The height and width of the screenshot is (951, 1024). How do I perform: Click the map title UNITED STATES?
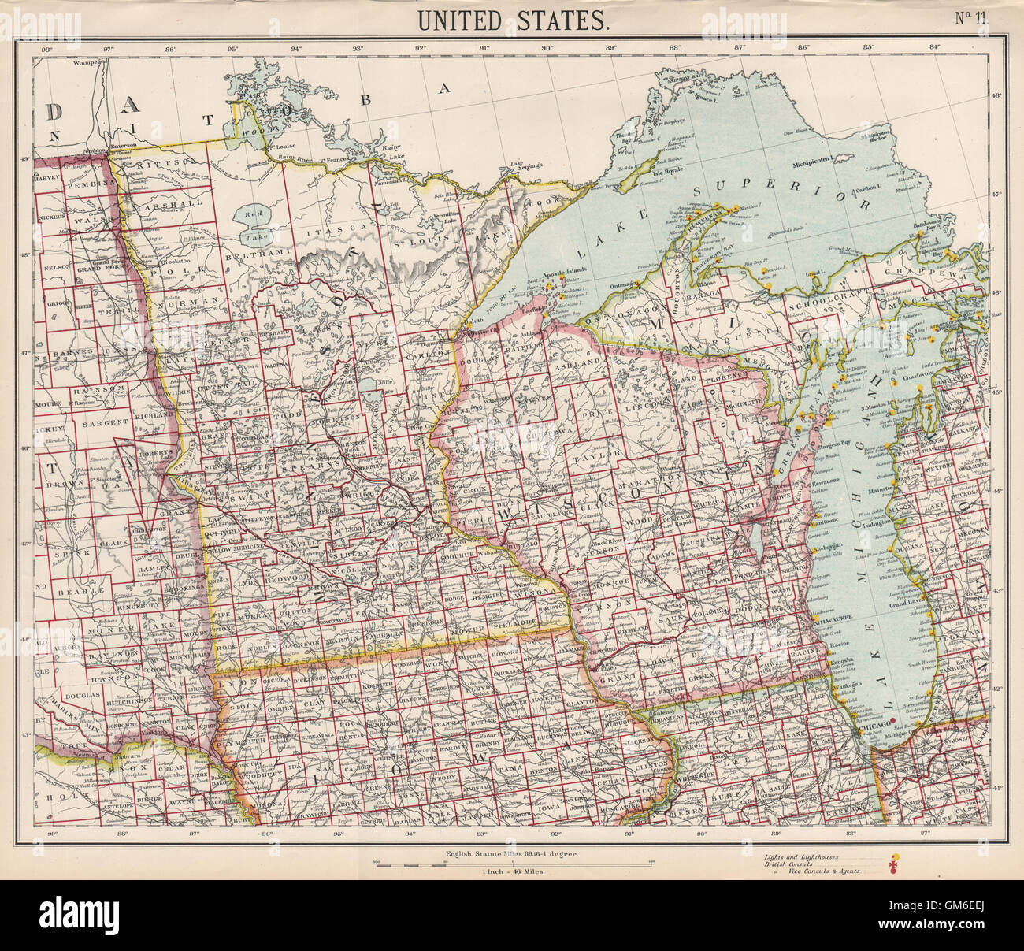pos(512,20)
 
